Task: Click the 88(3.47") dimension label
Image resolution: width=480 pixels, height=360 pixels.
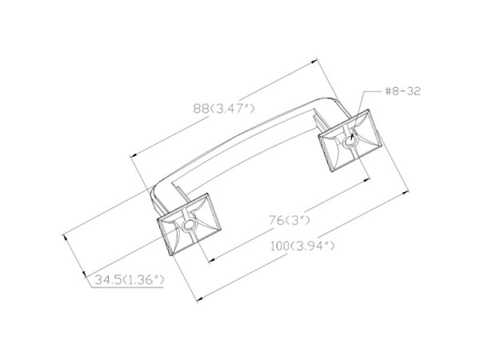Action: click(224, 108)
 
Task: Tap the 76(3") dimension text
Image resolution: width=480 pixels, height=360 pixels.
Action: click(290, 220)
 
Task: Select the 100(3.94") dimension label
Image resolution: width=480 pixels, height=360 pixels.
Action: click(302, 246)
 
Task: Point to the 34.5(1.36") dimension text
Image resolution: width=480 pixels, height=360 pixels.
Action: click(129, 280)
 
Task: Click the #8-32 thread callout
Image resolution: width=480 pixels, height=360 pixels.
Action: click(403, 91)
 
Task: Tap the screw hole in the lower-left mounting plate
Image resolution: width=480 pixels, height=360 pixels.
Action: click(189, 226)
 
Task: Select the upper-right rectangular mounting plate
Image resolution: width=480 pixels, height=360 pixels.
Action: click(350, 141)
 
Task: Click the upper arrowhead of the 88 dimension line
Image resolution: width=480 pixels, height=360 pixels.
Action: click(314, 62)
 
